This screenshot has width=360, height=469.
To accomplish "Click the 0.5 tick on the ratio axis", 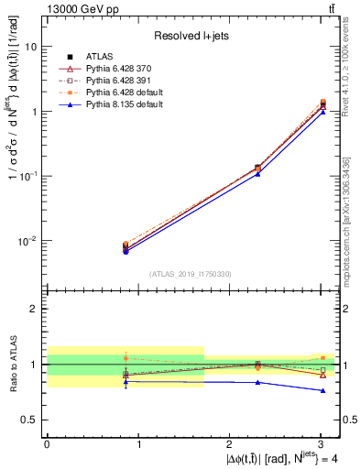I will pyautogui.click(x=31, y=420).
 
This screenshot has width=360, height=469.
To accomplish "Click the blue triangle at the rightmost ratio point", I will pyautogui.click(x=322, y=390).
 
